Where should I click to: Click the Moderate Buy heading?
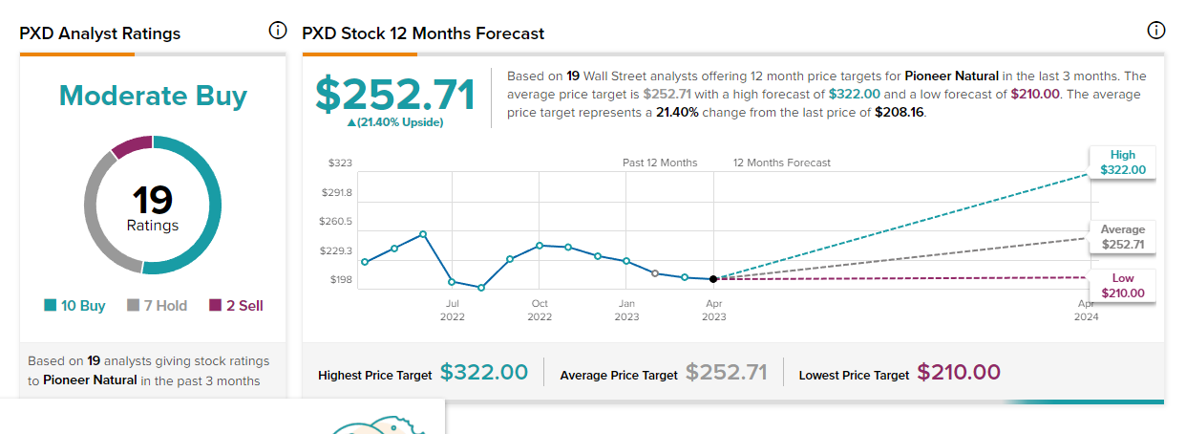click(153, 96)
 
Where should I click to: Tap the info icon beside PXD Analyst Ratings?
click(278, 31)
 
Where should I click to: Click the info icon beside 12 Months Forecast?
click(1156, 31)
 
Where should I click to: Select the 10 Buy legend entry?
click(74, 306)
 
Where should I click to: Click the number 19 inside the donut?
click(153, 200)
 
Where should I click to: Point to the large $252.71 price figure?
click(395, 95)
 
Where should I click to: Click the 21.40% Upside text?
click(395, 122)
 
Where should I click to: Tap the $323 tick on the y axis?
click(341, 163)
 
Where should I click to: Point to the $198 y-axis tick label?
click(341, 280)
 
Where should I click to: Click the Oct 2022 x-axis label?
click(540, 310)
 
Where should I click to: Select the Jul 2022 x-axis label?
click(452, 310)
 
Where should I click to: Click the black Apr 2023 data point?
click(713, 279)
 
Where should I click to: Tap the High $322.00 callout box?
click(1122, 163)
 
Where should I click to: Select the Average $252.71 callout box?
click(1122, 237)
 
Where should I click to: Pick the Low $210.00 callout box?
click(1122, 285)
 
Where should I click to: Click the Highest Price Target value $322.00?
click(484, 373)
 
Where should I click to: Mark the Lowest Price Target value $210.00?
click(959, 373)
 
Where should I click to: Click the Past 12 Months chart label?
click(660, 163)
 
